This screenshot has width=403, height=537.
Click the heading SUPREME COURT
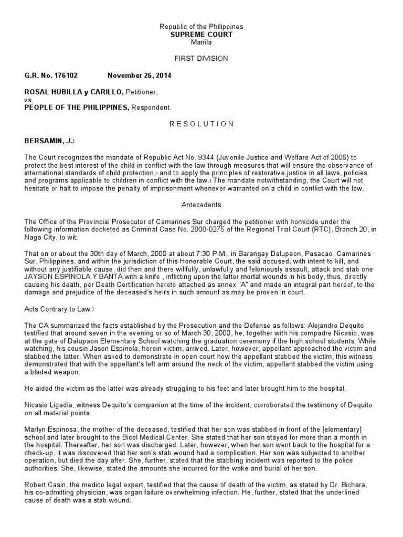coord(201,34)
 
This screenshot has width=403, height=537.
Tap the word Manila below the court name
coord(201,42)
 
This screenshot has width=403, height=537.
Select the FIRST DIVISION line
coord(201,59)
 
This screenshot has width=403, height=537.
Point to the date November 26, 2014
coord(139,76)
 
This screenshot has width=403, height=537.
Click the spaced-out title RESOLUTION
coord(201,124)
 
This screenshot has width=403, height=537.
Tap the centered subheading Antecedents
coord(201,205)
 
